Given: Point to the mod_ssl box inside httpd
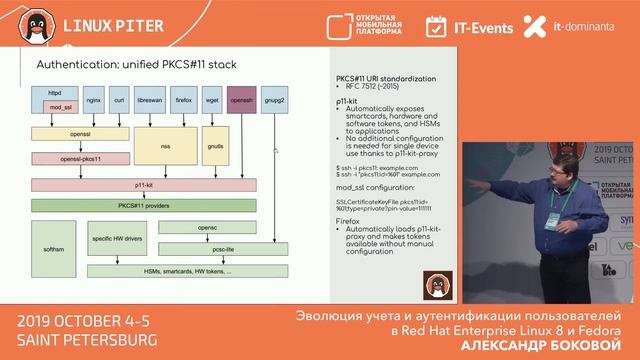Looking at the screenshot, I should [55, 106].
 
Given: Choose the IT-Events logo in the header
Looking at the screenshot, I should [469, 25].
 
